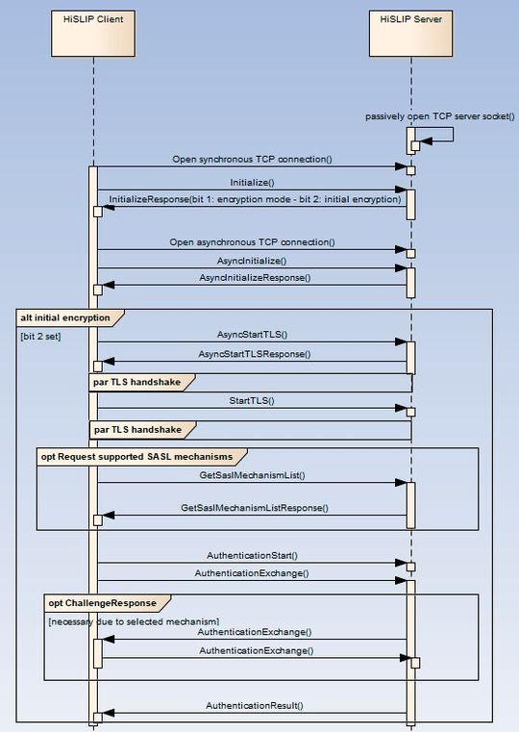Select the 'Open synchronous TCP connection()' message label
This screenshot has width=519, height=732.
pyautogui.click(x=253, y=159)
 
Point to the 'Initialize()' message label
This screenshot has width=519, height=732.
pyautogui.click(x=252, y=182)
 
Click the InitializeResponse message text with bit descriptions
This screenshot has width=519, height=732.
pyautogui.click(x=255, y=200)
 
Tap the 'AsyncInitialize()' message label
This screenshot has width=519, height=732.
pyautogui.click(x=253, y=261)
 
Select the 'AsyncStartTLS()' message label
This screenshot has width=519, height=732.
pyautogui.click(x=253, y=334)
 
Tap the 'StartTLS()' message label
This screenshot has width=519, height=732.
pyautogui.click(x=253, y=399)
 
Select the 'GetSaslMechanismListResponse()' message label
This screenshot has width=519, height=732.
pyautogui.click(x=255, y=507)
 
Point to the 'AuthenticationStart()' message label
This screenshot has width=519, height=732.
pyautogui.click(x=253, y=555)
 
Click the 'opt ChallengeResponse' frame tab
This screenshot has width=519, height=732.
pyautogui.click(x=100, y=602)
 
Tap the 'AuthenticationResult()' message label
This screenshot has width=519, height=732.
pyautogui.click(x=255, y=705)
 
